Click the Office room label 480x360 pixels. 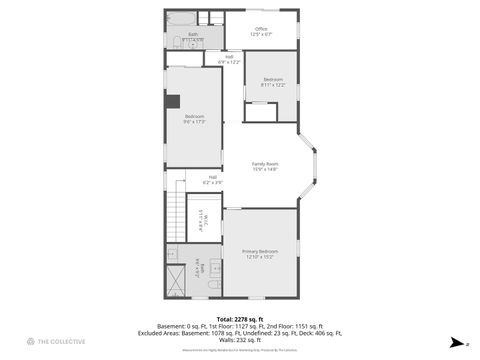point(261,31)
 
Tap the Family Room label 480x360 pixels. point(265,166)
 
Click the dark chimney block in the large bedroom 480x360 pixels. point(172,100)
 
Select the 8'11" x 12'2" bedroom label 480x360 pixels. point(273,82)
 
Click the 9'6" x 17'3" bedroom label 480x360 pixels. point(194,119)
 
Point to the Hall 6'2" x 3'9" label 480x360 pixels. point(212,180)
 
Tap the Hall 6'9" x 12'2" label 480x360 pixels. point(229,59)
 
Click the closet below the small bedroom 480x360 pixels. point(260,112)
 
